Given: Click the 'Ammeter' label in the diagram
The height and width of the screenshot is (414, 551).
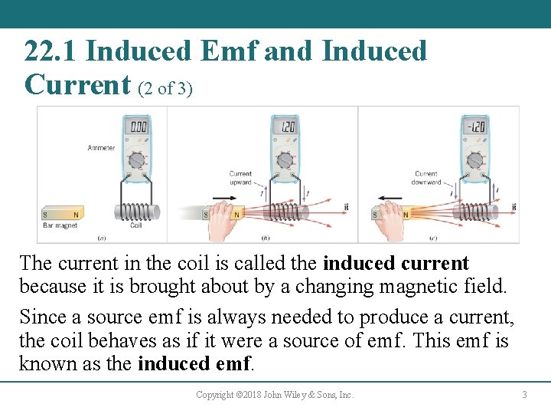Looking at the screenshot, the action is pos(101,148).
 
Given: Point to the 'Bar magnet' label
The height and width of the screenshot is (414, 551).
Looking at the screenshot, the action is pos(60,226).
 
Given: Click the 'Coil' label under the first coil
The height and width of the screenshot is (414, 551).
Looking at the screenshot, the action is pos(135,226).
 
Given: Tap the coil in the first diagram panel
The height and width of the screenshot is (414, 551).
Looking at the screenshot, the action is pos(136,212).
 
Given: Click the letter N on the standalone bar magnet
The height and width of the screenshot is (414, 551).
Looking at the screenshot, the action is pos(75,215).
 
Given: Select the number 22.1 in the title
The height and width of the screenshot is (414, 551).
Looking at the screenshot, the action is pos(52,52).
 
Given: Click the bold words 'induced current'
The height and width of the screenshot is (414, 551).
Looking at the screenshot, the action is pos(396,264).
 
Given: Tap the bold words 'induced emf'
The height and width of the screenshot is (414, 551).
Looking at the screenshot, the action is pos(194,363).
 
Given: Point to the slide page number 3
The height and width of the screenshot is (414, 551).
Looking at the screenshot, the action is pos(524,395).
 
